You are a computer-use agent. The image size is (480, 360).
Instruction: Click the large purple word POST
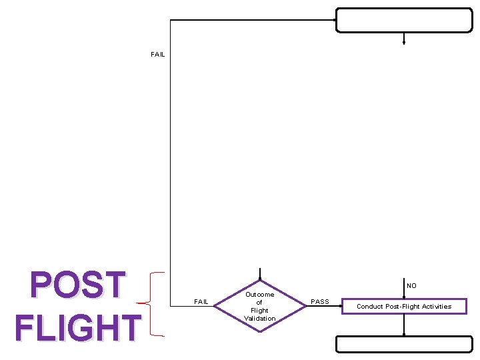tap(79, 285)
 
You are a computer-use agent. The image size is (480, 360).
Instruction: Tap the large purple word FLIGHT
tap(78, 328)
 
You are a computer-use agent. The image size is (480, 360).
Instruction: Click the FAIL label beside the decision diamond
tap(201, 302)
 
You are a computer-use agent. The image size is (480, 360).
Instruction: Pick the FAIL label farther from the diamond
tap(158, 55)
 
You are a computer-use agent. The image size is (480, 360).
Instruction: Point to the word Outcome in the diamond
tap(260, 294)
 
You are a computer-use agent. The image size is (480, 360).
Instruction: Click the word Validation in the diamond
tap(260, 318)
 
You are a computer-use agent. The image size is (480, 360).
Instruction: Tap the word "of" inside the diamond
tap(260, 302)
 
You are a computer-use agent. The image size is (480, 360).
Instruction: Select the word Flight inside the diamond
tap(260, 310)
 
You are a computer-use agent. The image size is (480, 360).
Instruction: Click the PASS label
tap(320, 302)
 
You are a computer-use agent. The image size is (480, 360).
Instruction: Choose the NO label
tap(411, 285)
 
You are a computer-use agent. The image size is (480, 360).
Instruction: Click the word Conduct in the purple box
tap(369, 307)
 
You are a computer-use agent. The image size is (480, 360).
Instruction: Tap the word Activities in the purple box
tap(434, 307)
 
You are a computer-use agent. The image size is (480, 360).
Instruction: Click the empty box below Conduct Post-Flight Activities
tap(404, 344)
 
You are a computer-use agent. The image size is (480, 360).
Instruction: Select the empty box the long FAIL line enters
tap(404, 20)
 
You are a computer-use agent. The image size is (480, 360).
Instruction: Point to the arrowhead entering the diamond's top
tap(260, 278)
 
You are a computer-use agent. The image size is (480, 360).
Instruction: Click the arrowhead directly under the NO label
tap(404, 295)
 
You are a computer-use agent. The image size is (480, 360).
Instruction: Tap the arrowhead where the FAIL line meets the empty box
tap(334, 20)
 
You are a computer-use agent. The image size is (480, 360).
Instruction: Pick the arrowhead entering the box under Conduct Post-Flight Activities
tap(404, 335)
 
